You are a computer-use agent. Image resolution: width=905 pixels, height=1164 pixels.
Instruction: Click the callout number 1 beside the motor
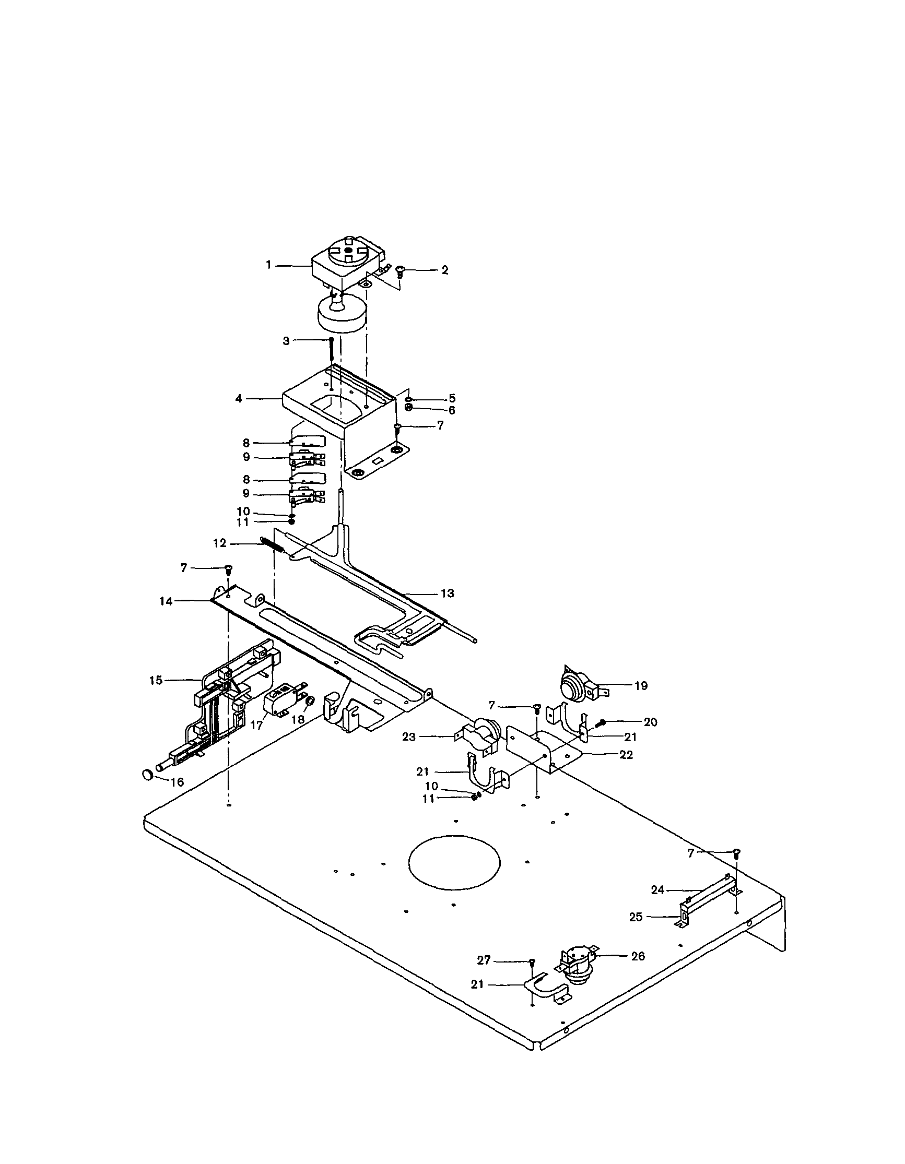coord(269,265)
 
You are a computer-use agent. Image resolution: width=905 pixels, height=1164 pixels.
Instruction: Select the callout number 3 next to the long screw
coord(286,340)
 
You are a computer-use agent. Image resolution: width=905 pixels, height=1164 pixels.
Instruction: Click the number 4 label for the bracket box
coord(238,398)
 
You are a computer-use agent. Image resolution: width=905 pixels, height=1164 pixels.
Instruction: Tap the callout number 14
coord(166,601)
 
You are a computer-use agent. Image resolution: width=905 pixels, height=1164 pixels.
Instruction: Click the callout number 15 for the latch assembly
coord(156,681)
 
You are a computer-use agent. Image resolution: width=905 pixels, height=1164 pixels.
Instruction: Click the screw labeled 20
coord(602,723)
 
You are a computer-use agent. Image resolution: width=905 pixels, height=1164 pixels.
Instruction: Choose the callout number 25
coord(636,917)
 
